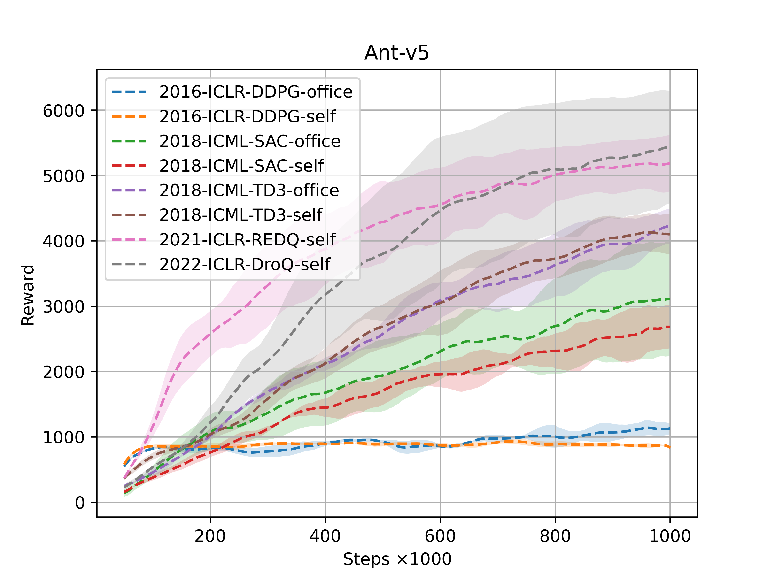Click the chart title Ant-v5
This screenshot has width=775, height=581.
397,53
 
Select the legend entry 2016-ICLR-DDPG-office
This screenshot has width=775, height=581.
256,92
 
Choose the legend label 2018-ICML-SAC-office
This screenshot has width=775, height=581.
250,141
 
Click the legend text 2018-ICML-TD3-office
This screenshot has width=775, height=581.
249,191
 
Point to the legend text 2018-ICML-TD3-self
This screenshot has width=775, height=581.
241,215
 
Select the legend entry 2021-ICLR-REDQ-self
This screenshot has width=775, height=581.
247,240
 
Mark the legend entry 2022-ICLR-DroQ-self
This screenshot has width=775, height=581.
245,264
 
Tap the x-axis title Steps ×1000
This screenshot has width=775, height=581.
397,559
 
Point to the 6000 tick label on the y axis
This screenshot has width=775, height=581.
63,111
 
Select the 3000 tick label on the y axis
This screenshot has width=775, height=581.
63,307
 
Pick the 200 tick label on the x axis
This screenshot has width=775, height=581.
210,536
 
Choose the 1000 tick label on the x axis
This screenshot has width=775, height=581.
670,536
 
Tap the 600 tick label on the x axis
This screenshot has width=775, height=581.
440,536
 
